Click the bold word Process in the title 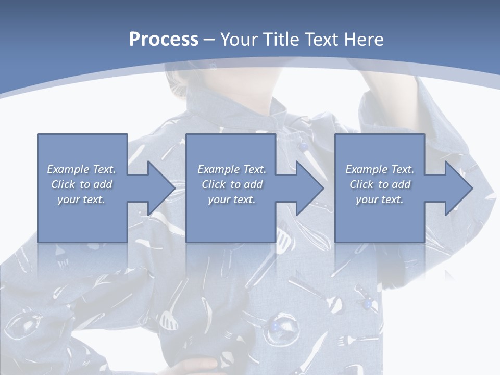(164, 40)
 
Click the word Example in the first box (68, 169)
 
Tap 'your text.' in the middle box (232, 199)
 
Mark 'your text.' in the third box (380, 199)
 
